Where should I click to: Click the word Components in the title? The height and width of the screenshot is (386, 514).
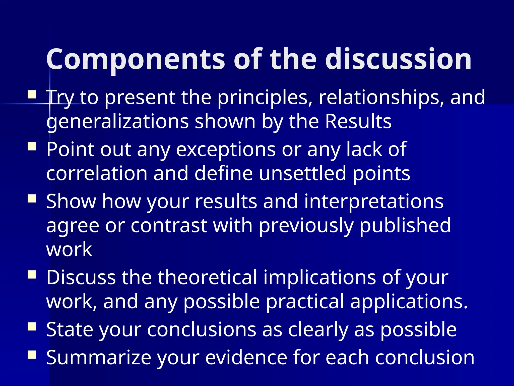pos(136,60)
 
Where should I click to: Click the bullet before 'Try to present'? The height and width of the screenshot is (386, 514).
pos(32,95)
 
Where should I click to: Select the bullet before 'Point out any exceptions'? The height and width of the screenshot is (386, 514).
pos(32,147)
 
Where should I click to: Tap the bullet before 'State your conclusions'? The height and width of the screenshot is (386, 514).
pos(32,326)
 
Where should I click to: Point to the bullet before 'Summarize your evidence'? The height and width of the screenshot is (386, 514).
pos(32,355)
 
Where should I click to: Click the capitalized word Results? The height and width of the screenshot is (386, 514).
pos(358,122)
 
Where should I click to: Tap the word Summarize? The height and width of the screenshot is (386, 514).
pos(99,358)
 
